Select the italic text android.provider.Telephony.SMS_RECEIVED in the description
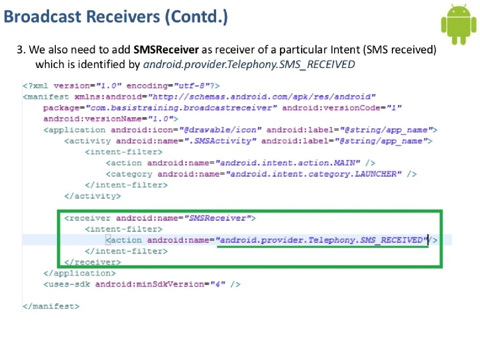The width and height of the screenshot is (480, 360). (248, 65)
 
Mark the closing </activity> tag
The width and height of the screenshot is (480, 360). (92, 196)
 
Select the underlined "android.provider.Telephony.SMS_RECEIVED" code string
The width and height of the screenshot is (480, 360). (322, 240)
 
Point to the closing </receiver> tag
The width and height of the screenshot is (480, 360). (92, 262)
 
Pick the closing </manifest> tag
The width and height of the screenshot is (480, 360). (51, 306)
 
